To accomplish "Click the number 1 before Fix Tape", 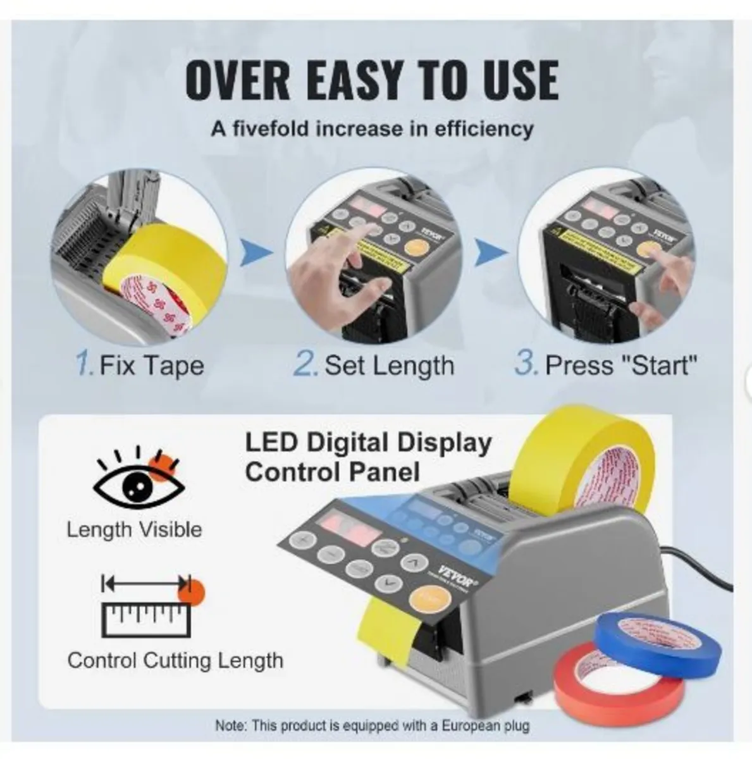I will pos(85,365).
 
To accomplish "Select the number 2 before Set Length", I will pos(305,365).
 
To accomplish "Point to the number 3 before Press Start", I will pos(525,365).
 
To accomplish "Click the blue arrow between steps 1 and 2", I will pos(256,254).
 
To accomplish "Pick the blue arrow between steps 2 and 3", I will pos(490,254).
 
